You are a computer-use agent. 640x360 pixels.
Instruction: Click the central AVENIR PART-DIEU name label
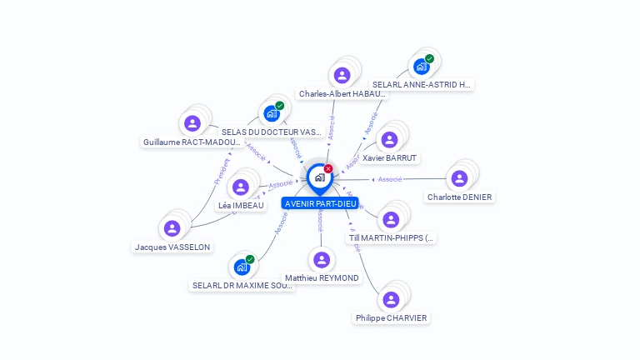coord(320,203)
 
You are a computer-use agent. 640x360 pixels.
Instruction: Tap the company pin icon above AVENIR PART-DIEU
coord(319,177)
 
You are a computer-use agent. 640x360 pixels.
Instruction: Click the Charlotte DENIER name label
coord(459,197)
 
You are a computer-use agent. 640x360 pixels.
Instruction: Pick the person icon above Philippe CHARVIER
coord(390,299)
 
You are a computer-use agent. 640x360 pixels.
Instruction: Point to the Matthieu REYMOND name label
coord(322,278)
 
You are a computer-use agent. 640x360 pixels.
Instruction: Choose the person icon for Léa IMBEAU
coord(241,187)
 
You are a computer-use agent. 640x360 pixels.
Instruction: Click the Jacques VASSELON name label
coord(172,247)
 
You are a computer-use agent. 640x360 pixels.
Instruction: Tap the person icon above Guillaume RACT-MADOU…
coord(192,123)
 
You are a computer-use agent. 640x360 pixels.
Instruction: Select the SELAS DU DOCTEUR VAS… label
coord(272,132)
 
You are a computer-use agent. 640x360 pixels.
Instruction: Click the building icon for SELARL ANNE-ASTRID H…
coord(422,67)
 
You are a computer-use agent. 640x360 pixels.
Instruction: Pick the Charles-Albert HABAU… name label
coord(342,94)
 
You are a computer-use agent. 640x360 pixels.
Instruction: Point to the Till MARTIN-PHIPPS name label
coord(391,238)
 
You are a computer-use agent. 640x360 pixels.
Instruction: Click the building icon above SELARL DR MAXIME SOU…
coord(241,267)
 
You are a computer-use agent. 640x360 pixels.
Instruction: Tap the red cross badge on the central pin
coord(328,168)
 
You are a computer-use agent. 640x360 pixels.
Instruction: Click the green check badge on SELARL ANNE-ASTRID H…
coord(429,59)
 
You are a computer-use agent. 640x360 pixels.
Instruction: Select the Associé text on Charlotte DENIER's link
coord(390,179)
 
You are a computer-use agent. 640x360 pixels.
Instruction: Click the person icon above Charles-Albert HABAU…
coord(342,75)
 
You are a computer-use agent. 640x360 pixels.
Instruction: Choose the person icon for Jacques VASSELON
coord(172,228)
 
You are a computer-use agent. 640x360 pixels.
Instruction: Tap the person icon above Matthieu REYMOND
coord(321,259)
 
